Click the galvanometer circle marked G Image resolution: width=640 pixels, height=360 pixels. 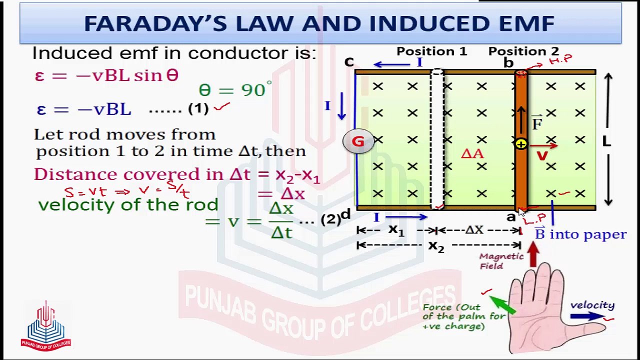click(x=358, y=142)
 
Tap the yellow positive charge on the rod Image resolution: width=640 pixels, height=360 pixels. click(x=521, y=144)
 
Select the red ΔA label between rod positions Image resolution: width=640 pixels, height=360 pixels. click(x=472, y=154)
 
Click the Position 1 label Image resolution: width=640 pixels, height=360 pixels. click(x=431, y=51)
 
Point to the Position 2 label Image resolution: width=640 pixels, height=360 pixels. click(x=523, y=51)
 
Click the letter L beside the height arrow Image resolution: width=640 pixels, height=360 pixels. click(x=606, y=141)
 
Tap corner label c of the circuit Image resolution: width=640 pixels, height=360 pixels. click(x=349, y=62)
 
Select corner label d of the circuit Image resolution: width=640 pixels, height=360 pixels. click(x=345, y=215)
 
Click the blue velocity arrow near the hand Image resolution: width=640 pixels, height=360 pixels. click(x=587, y=316)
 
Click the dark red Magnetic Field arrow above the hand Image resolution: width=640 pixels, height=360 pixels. click(x=533, y=254)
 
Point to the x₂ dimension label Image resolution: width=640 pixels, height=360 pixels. click(x=436, y=245)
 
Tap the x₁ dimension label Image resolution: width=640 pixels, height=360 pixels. click(x=396, y=230)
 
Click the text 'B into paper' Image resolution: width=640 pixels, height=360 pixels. click(x=580, y=234)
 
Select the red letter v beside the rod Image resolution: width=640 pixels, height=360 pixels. click(x=541, y=155)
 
